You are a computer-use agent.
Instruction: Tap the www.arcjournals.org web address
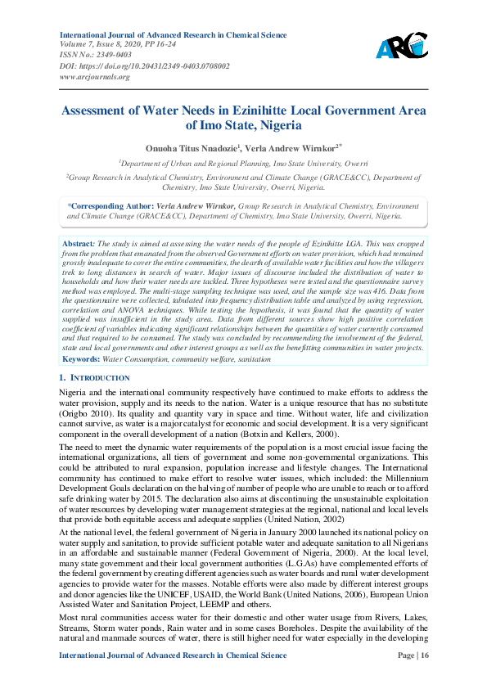[x=95, y=76]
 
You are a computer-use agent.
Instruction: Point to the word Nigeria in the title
[x=278, y=126]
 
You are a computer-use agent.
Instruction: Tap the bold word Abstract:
[x=79, y=245]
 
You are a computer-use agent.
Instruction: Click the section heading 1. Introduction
[x=95, y=378]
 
